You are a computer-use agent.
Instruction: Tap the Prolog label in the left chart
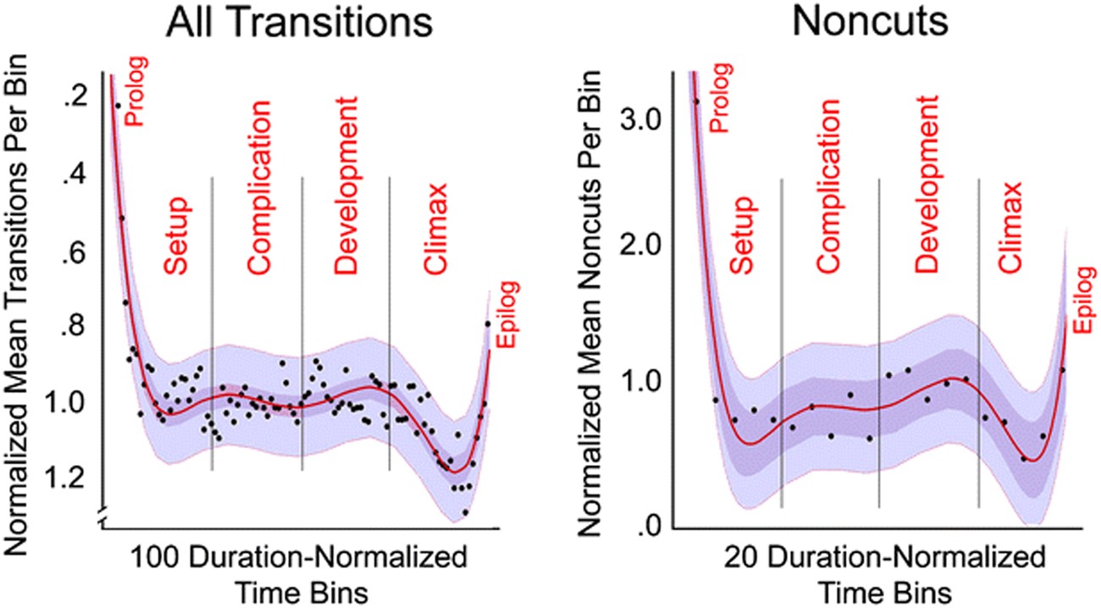pos(136,90)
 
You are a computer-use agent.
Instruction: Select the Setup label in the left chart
pos(174,238)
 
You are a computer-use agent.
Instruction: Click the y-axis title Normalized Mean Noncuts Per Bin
pos(592,304)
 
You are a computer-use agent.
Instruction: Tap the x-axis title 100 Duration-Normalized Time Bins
pos(298,575)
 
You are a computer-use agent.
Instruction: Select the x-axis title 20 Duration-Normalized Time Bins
pos(883,575)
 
